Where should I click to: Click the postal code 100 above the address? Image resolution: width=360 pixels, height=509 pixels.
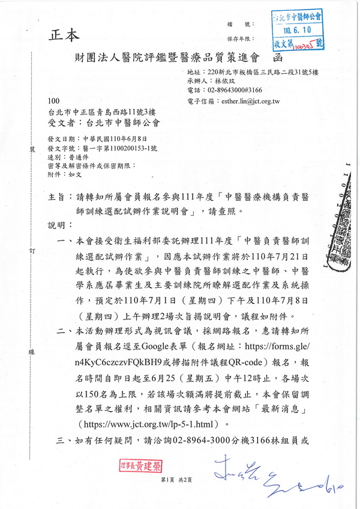53,102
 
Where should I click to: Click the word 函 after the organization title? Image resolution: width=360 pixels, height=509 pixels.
277,59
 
